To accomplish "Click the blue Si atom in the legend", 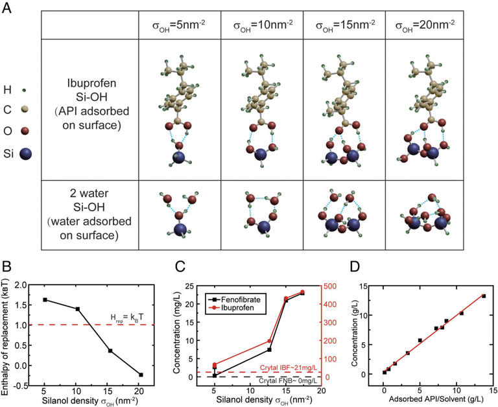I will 26,154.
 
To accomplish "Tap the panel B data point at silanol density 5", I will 63,299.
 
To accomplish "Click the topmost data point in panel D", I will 483,296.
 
